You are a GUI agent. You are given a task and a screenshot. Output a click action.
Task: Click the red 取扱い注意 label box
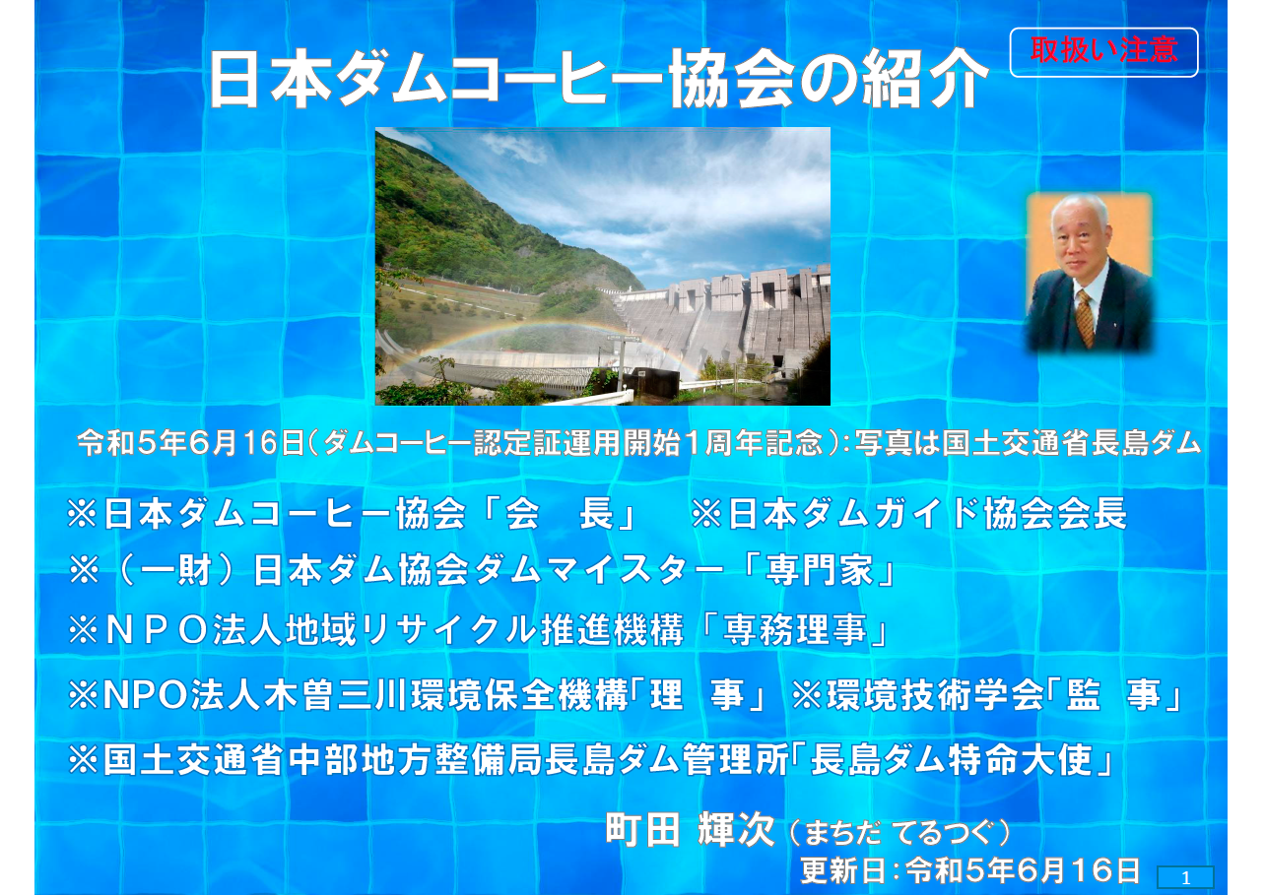(x=1103, y=52)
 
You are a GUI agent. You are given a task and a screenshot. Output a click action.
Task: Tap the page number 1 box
(x=1185, y=878)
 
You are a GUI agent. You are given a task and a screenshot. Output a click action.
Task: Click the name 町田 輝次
(x=690, y=830)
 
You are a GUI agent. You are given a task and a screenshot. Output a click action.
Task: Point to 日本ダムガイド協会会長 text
(x=927, y=514)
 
